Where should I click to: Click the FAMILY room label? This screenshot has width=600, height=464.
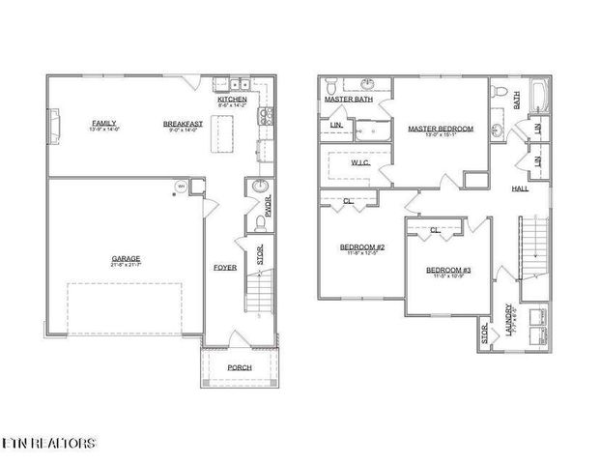pos(103,123)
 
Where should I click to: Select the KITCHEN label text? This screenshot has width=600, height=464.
pos(232,100)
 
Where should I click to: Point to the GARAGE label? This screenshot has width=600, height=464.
pos(126,258)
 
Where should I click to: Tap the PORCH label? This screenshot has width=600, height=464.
pos(239,367)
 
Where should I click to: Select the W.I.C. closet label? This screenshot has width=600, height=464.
pos(360,163)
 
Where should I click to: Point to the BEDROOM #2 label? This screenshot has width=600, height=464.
pos(362,247)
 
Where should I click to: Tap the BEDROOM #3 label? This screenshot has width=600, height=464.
pos(448,270)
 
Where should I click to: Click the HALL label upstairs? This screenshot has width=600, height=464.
pos(520,188)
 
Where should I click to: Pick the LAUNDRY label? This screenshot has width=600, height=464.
pos(507,325)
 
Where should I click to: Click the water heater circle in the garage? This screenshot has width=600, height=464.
pos(180,187)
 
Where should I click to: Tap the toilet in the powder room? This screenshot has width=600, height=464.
pos(259,224)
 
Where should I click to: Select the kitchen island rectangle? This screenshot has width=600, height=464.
pos(225,133)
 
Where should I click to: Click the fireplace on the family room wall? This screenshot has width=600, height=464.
pos(53,125)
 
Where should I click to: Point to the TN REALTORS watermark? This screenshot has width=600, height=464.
pos(48,444)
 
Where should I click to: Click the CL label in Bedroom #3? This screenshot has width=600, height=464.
pos(435,230)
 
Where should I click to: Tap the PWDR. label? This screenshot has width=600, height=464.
pos(269,206)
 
